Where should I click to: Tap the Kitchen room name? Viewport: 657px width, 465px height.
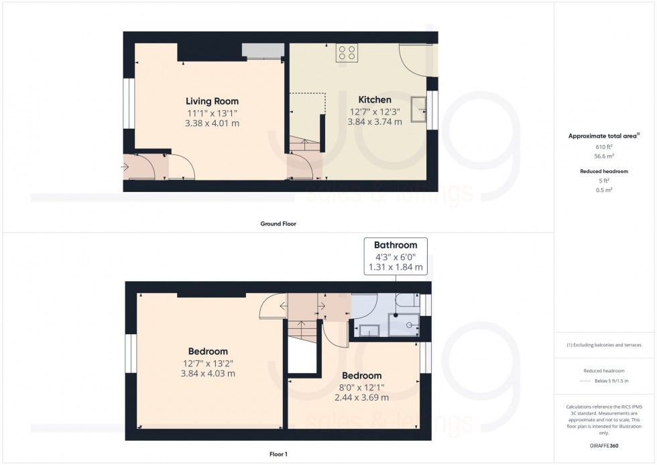(x=375, y=100)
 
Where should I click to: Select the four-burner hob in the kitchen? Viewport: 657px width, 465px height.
(x=347, y=53)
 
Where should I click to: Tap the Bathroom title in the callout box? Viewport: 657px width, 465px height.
(x=396, y=245)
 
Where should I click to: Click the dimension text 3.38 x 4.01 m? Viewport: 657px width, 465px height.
(x=212, y=123)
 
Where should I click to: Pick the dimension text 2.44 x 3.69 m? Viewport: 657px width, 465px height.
(x=361, y=398)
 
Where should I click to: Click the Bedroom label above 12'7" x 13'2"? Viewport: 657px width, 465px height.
(x=207, y=351)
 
